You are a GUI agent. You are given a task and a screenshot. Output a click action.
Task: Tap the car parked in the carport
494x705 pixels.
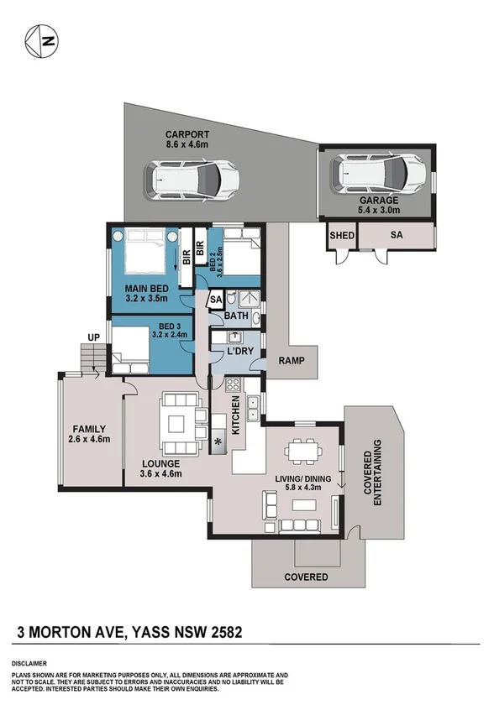[192, 178]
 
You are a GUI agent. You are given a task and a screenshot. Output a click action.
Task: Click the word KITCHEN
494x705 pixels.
[238, 413]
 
